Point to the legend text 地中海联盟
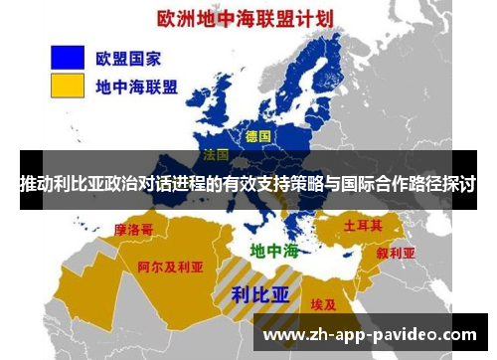137,87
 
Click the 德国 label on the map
257,135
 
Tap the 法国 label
217,155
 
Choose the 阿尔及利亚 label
170,268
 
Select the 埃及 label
324,304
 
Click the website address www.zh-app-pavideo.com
370,334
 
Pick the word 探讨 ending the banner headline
460,185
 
